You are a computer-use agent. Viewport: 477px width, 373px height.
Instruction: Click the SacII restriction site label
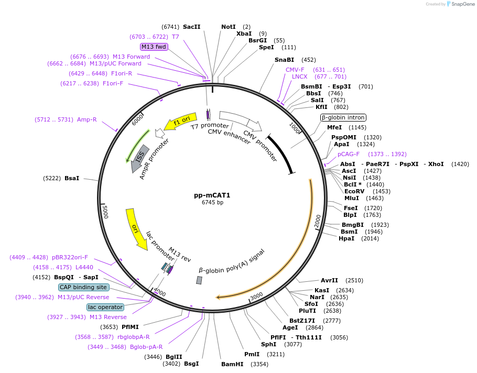[x=191, y=27]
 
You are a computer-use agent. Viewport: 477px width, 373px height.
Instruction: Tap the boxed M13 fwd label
[x=154, y=47]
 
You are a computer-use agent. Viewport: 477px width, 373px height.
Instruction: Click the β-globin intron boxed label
[x=343, y=117]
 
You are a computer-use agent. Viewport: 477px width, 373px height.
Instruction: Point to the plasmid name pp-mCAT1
[x=212, y=195]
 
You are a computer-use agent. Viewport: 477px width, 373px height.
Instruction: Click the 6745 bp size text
[x=212, y=203]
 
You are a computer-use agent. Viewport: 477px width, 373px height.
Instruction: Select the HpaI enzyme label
[x=346, y=238]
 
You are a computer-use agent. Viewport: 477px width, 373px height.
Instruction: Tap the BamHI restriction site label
[x=232, y=364]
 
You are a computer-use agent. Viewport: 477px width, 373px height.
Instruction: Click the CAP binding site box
[x=83, y=287]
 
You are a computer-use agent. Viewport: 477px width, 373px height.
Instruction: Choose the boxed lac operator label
[x=105, y=307]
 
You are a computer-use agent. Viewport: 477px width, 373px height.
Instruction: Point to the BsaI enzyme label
[x=72, y=179]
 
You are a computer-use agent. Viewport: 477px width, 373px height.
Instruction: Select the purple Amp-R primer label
[x=86, y=119]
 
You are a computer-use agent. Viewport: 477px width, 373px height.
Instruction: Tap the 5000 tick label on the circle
[x=105, y=212]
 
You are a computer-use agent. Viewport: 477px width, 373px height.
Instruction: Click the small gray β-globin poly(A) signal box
[x=199, y=280]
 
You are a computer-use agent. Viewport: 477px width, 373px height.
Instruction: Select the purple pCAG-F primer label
[x=349, y=154]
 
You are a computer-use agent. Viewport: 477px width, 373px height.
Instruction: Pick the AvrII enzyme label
[x=330, y=280]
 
